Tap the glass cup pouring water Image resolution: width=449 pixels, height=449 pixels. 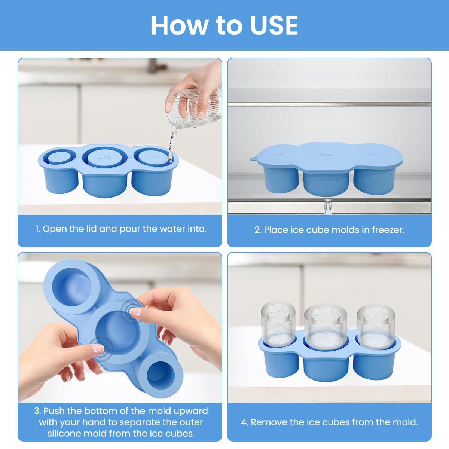[x=193, y=109]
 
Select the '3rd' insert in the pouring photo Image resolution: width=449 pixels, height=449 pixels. [x=104, y=157]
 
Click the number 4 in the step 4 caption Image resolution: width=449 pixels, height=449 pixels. [x=244, y=422]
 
